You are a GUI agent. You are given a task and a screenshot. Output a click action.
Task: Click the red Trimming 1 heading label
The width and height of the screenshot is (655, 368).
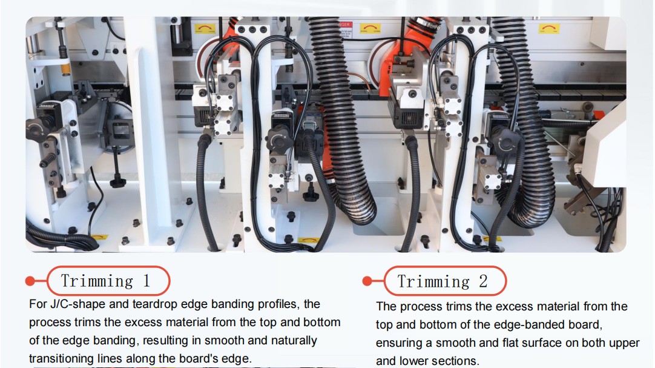pyautogui.click(x=108, y=281)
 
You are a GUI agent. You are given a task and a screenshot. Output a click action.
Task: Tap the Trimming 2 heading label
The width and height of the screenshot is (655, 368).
pyautogui.click(x=445, y=281)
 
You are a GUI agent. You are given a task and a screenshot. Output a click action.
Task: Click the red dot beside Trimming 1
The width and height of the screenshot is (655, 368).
pyautogui.click(x=30, y=281)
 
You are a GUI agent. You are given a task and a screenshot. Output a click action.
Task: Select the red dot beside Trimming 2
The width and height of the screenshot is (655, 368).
pyautogui.click(x=367, y=281)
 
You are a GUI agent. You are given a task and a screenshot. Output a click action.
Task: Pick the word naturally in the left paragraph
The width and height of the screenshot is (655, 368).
pyautogui.click(x=294, y=340)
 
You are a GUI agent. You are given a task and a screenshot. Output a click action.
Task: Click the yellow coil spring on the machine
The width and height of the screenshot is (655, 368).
pyautogui.click(x=65, y=69)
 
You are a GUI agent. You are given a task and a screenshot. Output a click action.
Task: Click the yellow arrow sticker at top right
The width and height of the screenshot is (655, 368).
pyautogui.click(x=549, y=29)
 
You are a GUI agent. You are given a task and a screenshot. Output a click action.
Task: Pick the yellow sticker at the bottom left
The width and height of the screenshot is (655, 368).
pyautogui.click(x=99, y=238)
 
